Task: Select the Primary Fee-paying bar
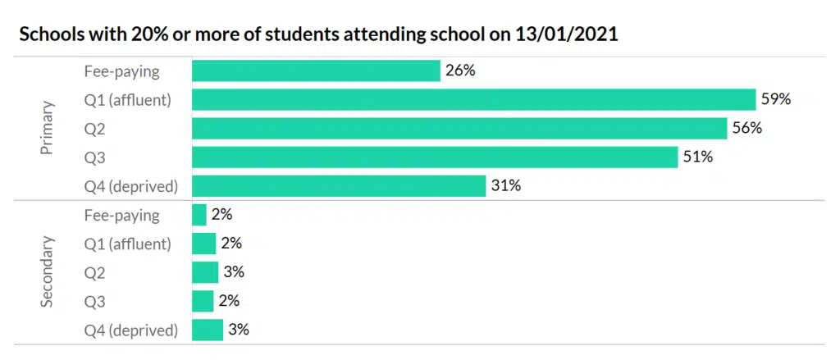click(316, 71)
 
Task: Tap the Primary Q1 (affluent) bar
click(473, 99)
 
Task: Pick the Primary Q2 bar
click(459, 128)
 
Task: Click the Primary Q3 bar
click(435, 157)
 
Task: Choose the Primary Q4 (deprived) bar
click(339, 185)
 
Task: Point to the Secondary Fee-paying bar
click(199, 215)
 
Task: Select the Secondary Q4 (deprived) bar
click(207, 330)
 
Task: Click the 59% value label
click(775, 99)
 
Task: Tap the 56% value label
click(747, 128)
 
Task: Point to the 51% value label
click(698, 157)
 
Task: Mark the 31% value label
click(505, 185)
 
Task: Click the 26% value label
click(460, 71)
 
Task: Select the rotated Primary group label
click(47, 128)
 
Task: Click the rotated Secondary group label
click(47, 272)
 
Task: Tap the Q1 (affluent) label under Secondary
click(127, 244)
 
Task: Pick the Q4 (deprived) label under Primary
click(130, 186)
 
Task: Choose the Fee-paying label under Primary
click(121, 71)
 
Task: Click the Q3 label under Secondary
click(95, 302)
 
